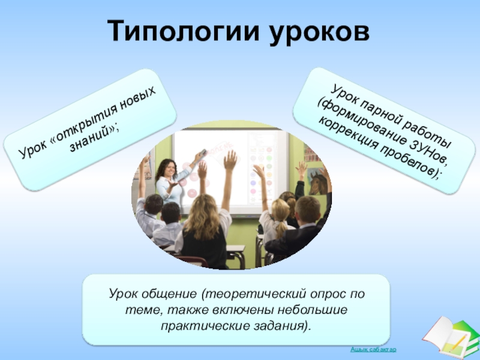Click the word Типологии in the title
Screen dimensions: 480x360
tap(183, 31)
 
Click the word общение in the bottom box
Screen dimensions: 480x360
tap(169, 294)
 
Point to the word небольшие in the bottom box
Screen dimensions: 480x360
tap(313, 310)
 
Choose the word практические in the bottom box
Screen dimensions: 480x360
tap(205, 326)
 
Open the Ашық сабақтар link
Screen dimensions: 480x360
tap(373, 349)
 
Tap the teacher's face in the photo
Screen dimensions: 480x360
tap(170, 169)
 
